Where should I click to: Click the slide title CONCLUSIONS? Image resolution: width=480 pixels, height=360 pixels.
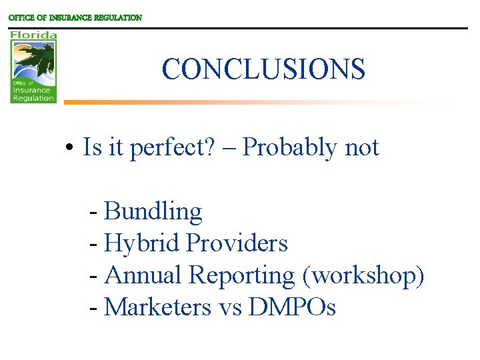tap(263, 69)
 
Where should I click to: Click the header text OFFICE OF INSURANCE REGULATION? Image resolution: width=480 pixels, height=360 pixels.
tap(75, 18)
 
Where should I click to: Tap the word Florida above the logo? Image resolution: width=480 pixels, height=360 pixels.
tap(33, 35)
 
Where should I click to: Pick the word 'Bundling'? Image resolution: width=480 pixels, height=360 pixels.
tap(153, 211)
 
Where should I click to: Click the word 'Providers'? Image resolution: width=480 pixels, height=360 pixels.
tap(237, 243)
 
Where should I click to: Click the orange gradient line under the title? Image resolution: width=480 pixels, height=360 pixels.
tap(200, 102)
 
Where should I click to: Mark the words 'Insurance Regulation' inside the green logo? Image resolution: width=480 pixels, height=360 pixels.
tap(33, 94)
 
